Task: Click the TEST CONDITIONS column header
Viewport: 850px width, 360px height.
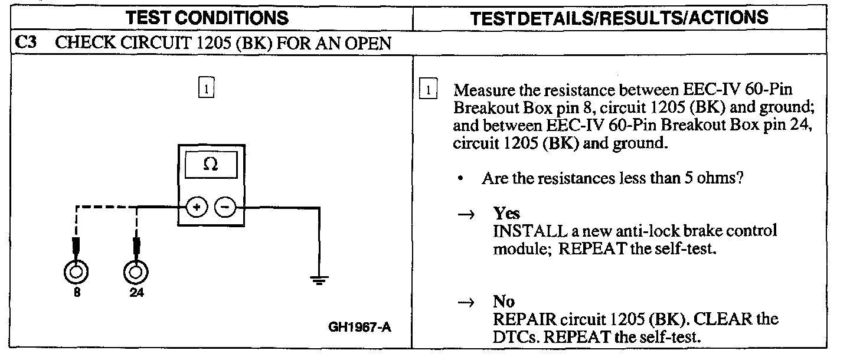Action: click(208, 17)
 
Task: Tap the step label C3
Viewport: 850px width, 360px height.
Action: click(25, 44)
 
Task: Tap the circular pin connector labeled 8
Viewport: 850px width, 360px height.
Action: click(76, 272)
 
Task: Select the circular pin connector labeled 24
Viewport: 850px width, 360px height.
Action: click(136, 272)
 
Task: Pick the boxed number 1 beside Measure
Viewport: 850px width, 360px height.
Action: click(427, 91)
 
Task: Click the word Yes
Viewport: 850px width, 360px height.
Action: click(506, 214)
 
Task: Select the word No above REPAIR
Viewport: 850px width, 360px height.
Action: click(504, 302)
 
